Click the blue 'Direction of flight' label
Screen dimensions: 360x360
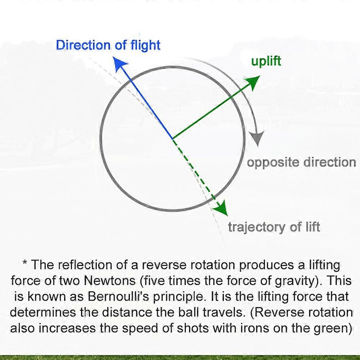108,45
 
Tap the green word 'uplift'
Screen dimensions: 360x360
266,61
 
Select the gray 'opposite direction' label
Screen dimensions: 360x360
301,162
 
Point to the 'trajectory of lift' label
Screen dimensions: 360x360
274,227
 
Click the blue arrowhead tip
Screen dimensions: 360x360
114,57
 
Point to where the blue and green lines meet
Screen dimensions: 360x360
172,139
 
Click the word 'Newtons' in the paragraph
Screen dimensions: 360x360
110,280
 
